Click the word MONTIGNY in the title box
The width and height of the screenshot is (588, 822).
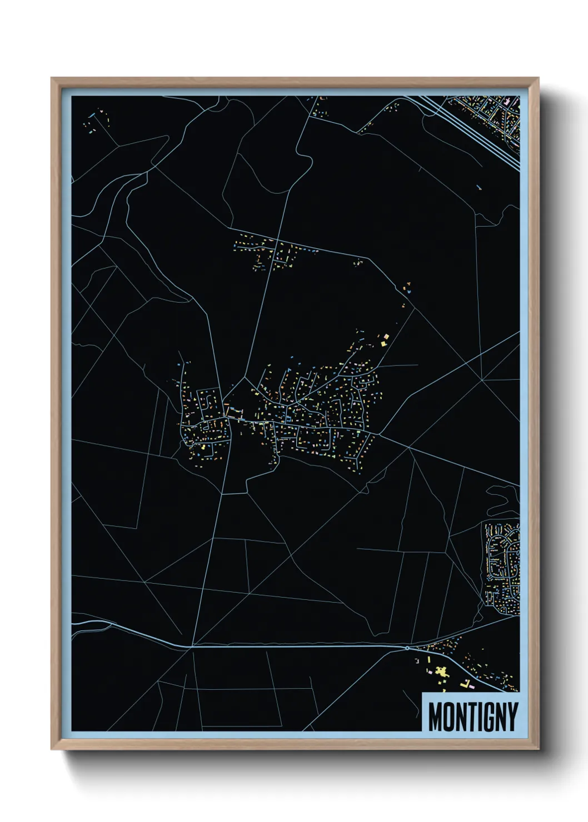(x=473, y=716)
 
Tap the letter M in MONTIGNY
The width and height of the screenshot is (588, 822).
(x=435, y=716)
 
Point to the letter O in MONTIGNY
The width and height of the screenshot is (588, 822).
(x=450, y=716)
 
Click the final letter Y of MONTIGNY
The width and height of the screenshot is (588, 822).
(x=512, y=716)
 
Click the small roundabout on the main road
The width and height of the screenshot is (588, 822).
(x=407, y=648)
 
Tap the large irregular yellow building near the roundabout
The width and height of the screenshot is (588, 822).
(x=442, y=671)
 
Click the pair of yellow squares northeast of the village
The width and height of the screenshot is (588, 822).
(x=385, y=338)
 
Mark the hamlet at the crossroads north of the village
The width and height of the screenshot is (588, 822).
(x=272, y=253)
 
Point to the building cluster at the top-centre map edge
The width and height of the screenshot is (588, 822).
(x=320, y=107)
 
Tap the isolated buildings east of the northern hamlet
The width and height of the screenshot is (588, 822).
(x=408, y=288)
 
